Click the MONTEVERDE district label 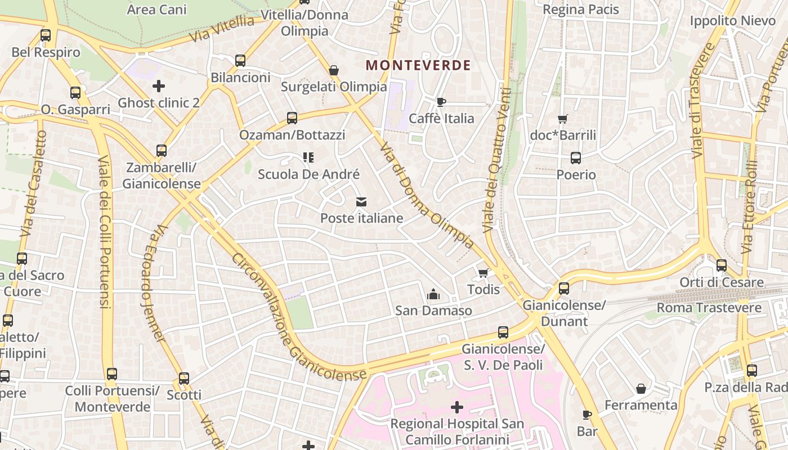click(418, 65)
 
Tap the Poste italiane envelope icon click(361, 202)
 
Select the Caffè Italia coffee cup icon click(441, 102)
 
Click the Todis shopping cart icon click(483, 273)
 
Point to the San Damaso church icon click(433, 294)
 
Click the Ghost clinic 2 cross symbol click(159, 86)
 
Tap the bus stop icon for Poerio click(575, 158)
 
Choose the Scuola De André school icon click(308, 157)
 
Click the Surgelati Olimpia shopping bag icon click(334, 70)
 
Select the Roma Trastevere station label click(709, 308)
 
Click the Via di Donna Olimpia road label click(427, 195)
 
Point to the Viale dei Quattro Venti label click(496, 160)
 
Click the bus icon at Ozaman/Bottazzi click(292, 118)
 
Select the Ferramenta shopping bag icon click(641, 389)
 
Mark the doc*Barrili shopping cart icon click(562, 119)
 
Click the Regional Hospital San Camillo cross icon click(457, 407)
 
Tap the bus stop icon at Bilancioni click(240, 61)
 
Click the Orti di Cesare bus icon click(721, 265)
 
